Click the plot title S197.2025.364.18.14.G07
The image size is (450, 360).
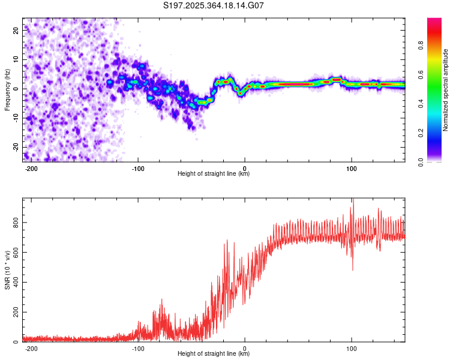[214, 6]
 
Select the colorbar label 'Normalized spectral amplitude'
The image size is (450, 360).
[446, 89]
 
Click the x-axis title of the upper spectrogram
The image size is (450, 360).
[214, 174]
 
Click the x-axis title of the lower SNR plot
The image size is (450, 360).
[214, 354]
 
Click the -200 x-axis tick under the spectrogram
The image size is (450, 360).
[31, 167]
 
